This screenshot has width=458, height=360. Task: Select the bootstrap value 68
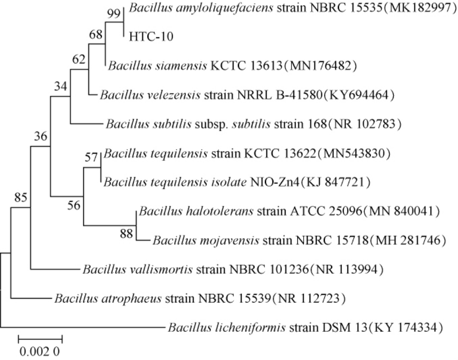[x=96, y=36]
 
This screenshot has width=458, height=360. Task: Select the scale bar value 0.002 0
[x=39, y=351]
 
